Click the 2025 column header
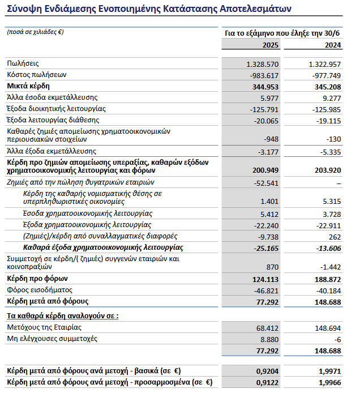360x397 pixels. [268, 45]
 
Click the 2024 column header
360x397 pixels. [332, 45]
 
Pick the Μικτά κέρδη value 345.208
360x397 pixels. [326, 87]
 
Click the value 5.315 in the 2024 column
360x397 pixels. [329, 201]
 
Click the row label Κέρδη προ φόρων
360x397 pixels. [37, 279]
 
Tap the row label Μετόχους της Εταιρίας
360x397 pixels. [44, 328]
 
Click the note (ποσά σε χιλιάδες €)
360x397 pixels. [35, 32]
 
